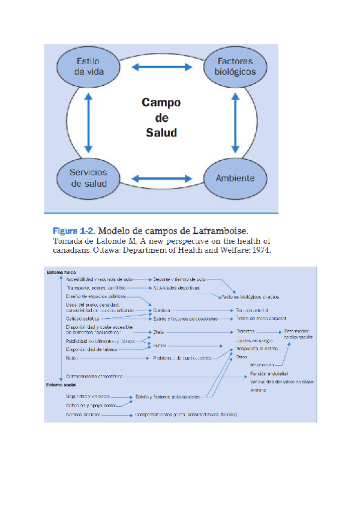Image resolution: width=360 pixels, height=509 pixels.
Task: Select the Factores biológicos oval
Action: click(x=235, y=67)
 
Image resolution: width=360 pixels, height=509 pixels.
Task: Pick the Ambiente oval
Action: click(x=235, y=178)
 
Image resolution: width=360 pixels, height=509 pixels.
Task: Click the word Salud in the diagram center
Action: click(x=161, y=132)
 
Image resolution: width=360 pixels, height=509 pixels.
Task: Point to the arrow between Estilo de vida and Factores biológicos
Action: click(x=161, y=67)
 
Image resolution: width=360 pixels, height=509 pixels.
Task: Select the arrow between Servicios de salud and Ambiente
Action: click(x=161, y=178)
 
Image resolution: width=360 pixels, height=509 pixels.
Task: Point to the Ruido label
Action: click(x=71, y=358)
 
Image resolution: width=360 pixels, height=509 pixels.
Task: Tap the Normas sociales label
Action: click(x=82, y=415)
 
